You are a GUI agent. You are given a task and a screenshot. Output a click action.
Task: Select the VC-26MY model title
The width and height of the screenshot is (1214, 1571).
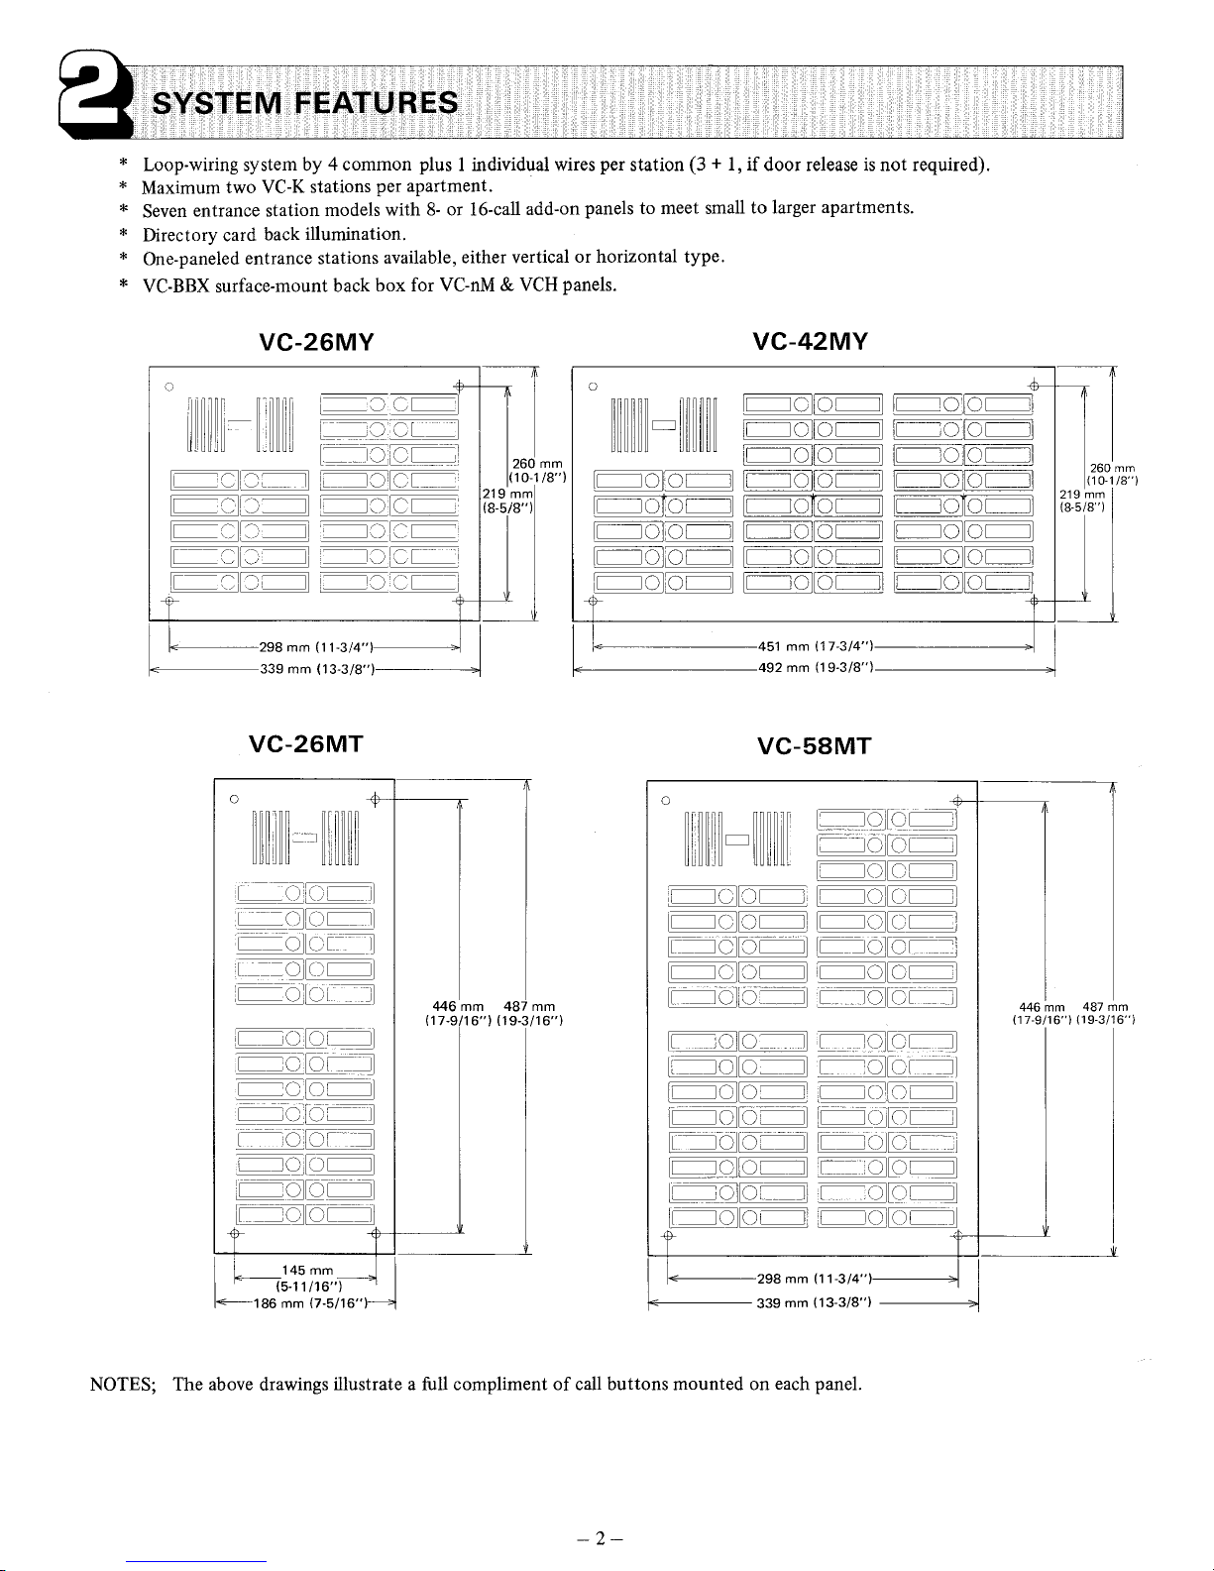point(316,343)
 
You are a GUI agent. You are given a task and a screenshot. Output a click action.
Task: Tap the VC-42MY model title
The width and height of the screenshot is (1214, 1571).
point(811,343)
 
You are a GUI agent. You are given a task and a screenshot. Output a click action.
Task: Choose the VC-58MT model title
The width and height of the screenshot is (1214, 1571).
point(814,745)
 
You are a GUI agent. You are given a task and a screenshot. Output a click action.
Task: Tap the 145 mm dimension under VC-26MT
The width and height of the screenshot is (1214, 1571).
point(306,1271)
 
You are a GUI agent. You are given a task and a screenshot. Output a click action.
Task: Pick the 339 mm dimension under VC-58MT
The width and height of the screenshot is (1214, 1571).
point(814,1303)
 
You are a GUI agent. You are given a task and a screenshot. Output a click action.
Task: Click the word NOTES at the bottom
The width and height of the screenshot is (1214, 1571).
point(118,1384)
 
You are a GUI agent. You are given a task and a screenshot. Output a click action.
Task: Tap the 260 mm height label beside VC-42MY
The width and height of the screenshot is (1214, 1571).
point(1111,468)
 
